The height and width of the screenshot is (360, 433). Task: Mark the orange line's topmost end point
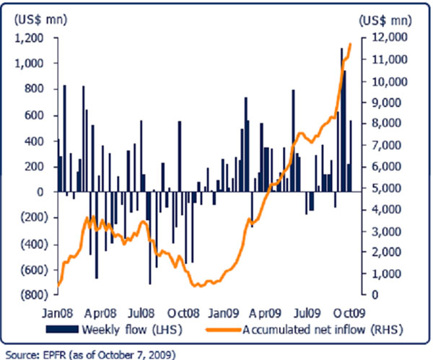point(350,44)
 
